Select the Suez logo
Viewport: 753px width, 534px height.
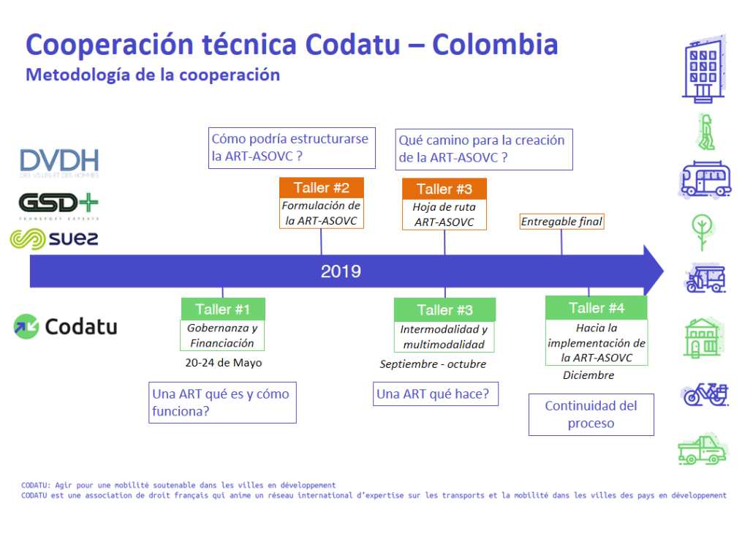pos(54,239)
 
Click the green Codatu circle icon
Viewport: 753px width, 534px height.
pos(26,327)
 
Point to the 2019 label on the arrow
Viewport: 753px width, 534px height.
pos(341,271)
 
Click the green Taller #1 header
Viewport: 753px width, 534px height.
pos(223,309)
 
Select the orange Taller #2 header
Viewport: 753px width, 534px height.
pos(321,187)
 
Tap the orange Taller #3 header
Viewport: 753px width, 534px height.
pos(444,189)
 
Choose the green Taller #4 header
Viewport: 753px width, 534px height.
pos(597,308)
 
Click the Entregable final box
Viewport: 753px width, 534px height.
pos(561,222)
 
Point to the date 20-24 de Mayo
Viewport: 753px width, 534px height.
pos(223,363)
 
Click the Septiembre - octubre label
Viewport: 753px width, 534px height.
pos(433,364)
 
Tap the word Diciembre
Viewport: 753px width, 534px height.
pos(589,375)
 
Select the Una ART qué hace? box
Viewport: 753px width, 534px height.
pos(436,394)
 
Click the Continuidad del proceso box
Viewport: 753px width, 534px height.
pos(591,415)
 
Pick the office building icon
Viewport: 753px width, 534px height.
pos(704,69)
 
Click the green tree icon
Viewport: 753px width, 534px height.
pos(703,232)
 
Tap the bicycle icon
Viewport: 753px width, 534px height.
pos(705,394)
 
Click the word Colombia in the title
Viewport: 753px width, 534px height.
pos(495,45)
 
